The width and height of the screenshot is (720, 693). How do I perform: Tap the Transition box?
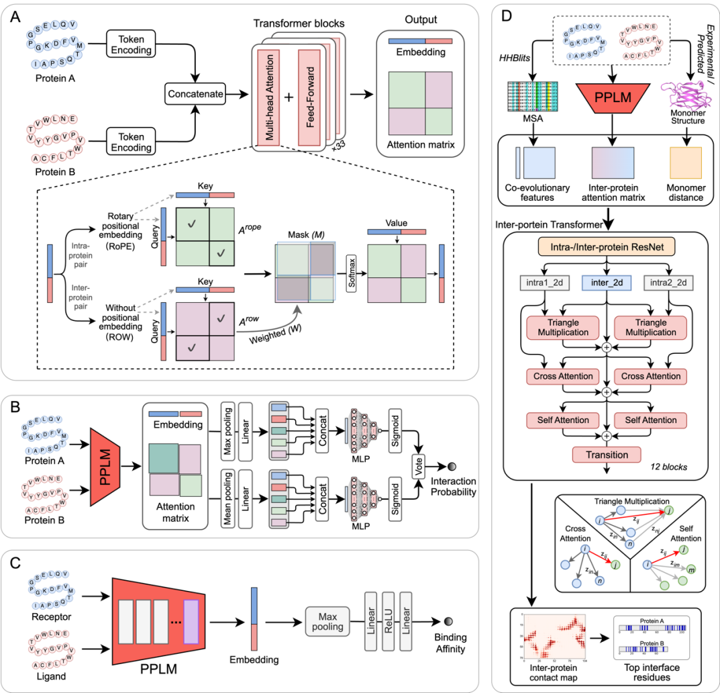pos(606,455)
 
